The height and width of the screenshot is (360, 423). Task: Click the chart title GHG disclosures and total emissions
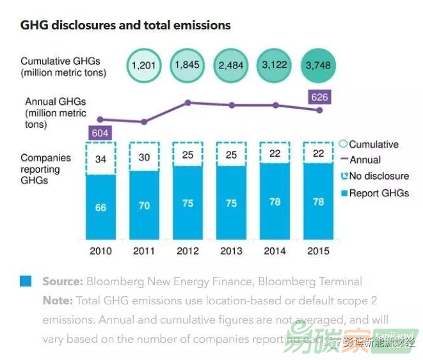[x=125, y=26]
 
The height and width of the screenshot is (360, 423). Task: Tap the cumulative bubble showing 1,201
[x=145, y=65]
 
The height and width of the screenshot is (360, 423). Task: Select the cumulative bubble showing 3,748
[x=319, y=65]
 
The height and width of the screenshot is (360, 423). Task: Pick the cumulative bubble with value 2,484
[x=232, y=65]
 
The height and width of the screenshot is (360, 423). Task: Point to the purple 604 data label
[x=100, y=133]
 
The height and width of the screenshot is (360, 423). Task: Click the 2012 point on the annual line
[x=188, y=102]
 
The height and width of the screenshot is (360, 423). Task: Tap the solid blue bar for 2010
[x=100, y=208]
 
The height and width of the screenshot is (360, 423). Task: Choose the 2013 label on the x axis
[x=232, y=251]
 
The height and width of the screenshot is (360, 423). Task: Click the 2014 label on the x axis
[x=275, y=251]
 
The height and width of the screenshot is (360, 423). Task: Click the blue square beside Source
[x=26, y=281]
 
